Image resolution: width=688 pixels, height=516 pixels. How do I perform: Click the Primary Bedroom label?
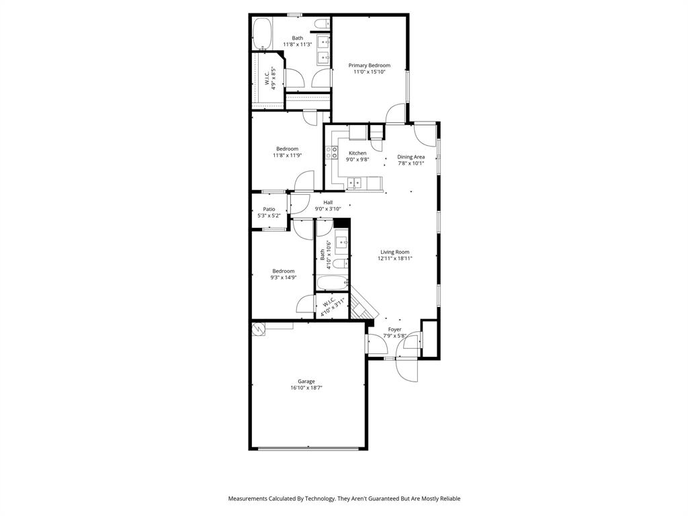(369, 65)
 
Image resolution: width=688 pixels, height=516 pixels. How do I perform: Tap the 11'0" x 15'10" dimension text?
(369, 72)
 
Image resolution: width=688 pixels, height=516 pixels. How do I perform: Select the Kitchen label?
(357, 153)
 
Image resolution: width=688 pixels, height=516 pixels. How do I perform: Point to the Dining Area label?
(411, 157)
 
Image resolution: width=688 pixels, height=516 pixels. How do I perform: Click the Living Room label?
(394, 252)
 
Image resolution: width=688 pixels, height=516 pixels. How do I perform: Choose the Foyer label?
(394, 329)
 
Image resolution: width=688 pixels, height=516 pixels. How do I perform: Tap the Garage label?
(306, 381)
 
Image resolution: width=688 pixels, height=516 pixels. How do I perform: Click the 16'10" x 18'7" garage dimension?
(306, 388)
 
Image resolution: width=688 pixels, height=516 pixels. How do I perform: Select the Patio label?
(269, 209)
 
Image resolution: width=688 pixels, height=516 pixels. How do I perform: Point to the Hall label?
(328, 202)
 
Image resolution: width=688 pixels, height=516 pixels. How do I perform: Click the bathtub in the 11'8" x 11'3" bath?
(261, 34)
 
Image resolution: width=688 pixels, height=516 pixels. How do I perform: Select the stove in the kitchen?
(332, 153)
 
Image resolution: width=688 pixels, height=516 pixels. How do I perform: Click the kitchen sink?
(354, 181)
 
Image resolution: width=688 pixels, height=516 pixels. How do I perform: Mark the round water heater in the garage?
(259, 329)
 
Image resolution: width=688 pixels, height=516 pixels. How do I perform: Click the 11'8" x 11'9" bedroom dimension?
(287, 155)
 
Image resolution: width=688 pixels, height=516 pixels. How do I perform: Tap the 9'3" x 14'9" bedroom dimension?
(283, 277)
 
